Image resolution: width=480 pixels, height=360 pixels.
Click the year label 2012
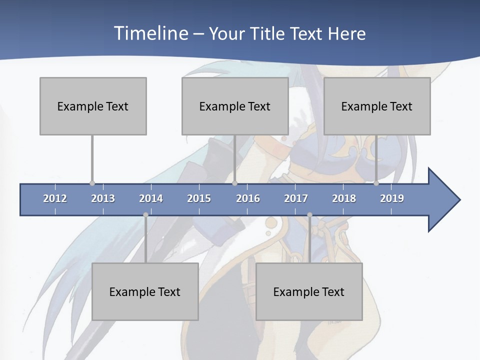[55, 198]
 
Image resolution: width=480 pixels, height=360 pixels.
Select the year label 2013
[103, 198]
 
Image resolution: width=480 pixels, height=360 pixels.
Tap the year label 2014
[151, 198]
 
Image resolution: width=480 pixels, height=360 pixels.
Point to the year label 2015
[199, 198]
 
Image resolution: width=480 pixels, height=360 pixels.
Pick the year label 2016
[248, 198]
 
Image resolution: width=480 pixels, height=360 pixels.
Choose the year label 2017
[296, 198]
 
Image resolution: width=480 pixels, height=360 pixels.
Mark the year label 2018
[344, 198]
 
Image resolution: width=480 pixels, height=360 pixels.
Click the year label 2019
[392, 198]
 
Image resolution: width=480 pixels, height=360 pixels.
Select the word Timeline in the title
[150, 33]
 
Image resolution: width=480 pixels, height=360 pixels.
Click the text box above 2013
[93, 106]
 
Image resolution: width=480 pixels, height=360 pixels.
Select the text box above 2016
[235, 106]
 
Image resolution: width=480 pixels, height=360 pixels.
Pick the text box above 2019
[377, 106]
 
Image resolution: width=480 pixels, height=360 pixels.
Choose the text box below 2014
[145, 291]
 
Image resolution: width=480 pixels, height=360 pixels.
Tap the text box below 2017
[309, 291]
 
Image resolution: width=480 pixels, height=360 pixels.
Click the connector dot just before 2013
[92, 183]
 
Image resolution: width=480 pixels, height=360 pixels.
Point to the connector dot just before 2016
[234, 183]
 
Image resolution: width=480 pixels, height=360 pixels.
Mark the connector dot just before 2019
[376, 183]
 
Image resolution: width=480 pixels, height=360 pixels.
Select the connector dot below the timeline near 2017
[309, 215]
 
